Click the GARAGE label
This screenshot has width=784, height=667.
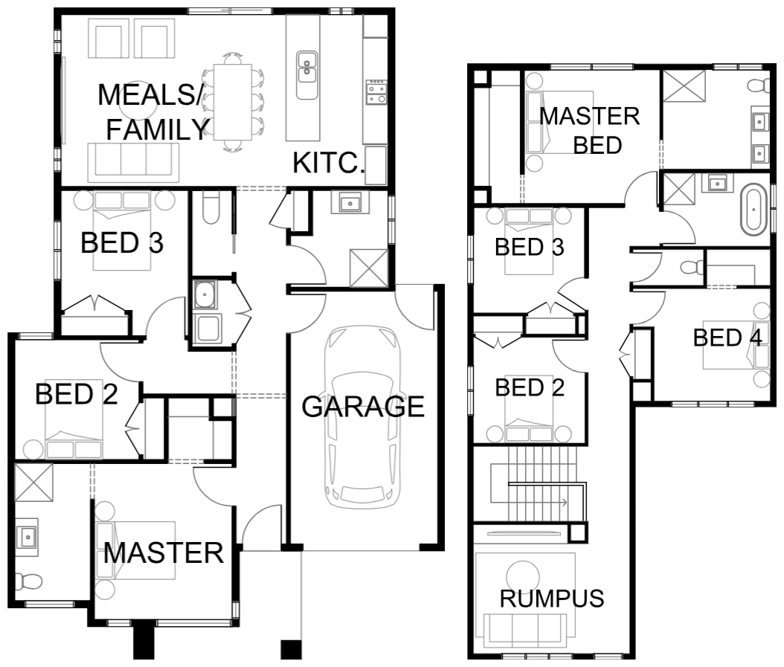pyautogui.click(x=363, y=407)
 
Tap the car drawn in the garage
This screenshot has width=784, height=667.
pyautogui.click(x=363, y=417)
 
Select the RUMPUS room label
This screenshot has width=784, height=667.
pyautogui.click(x=552, y=599)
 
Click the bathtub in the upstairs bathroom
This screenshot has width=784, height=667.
pyautogui.click(x=754, y=210)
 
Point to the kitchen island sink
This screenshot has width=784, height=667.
pyautogui.click(x=307, y=75)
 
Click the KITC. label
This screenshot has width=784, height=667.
pyautogui.click(x=329, y=163)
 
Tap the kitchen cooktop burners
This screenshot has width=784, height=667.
pyautogui.click(x=376, y=92)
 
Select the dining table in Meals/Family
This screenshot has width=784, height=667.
pyautogui.click(x=233, y=102)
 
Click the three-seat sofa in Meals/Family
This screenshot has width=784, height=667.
pyautogui.click(x=133, y=162)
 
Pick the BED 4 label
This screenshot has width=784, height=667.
pyautogui.click(x=727, y=338)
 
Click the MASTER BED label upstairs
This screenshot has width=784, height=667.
pyautogui.click(x=590, y=131)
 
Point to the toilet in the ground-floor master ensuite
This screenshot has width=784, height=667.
pyautogui.click(x=28, y=581)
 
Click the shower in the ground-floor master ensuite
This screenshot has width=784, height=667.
pyautogui.click(x=34, y=482)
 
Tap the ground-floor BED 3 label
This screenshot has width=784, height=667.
pyautogui.click(x=122, y=243)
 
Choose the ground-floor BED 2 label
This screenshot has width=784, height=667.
pyautogui.click(x=77, y=394)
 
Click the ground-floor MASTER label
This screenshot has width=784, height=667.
pyautogui.click(x=164, y=553)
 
